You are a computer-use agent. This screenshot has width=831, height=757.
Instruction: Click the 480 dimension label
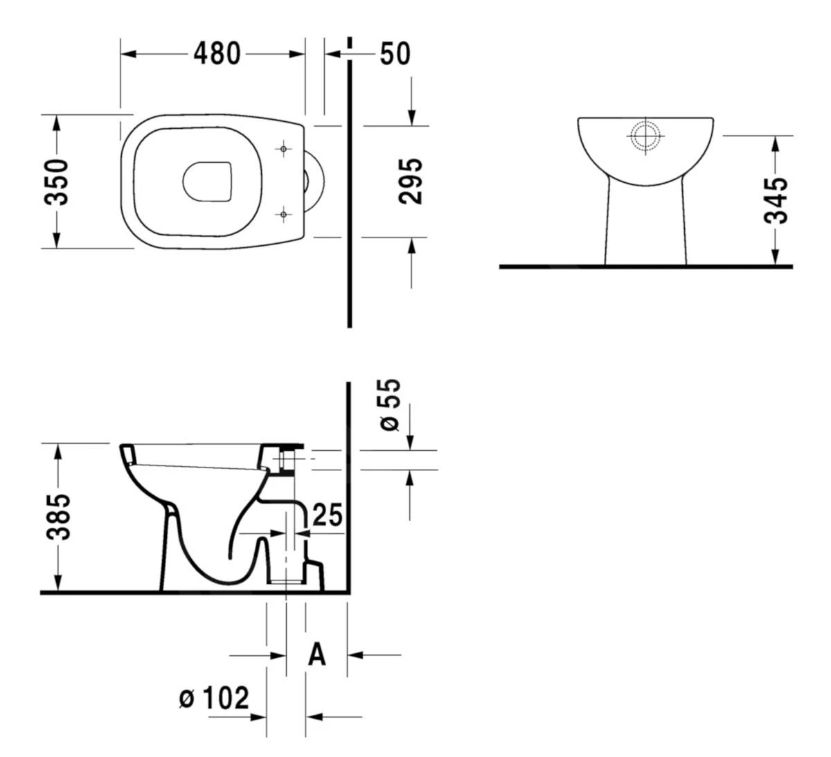tap(217, 53)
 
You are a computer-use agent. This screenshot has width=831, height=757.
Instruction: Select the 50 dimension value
tap(395, 53)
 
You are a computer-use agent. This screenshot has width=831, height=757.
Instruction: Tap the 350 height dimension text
tap(57, 182)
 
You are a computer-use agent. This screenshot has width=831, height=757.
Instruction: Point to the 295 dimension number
tap(411, 181)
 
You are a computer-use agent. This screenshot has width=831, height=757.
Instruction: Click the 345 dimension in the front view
tap(776, 201)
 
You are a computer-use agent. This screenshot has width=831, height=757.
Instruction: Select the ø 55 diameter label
tap(391, 405)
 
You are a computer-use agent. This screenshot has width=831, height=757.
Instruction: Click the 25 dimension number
tap(328, 515)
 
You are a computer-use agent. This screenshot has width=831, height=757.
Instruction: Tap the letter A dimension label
tap(316, 654)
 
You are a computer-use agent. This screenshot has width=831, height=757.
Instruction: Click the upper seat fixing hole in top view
tap(283, 149)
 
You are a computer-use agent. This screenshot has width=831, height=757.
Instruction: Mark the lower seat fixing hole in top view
tap(283, 215)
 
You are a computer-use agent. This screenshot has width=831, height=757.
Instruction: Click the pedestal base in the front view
tap(645, 229)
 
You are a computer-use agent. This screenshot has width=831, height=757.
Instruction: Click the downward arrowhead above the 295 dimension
tap(411, 118)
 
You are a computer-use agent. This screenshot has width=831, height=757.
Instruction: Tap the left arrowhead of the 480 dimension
tap(127, 53)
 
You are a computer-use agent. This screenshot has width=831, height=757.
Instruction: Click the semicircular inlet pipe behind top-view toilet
tap(316, 181)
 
